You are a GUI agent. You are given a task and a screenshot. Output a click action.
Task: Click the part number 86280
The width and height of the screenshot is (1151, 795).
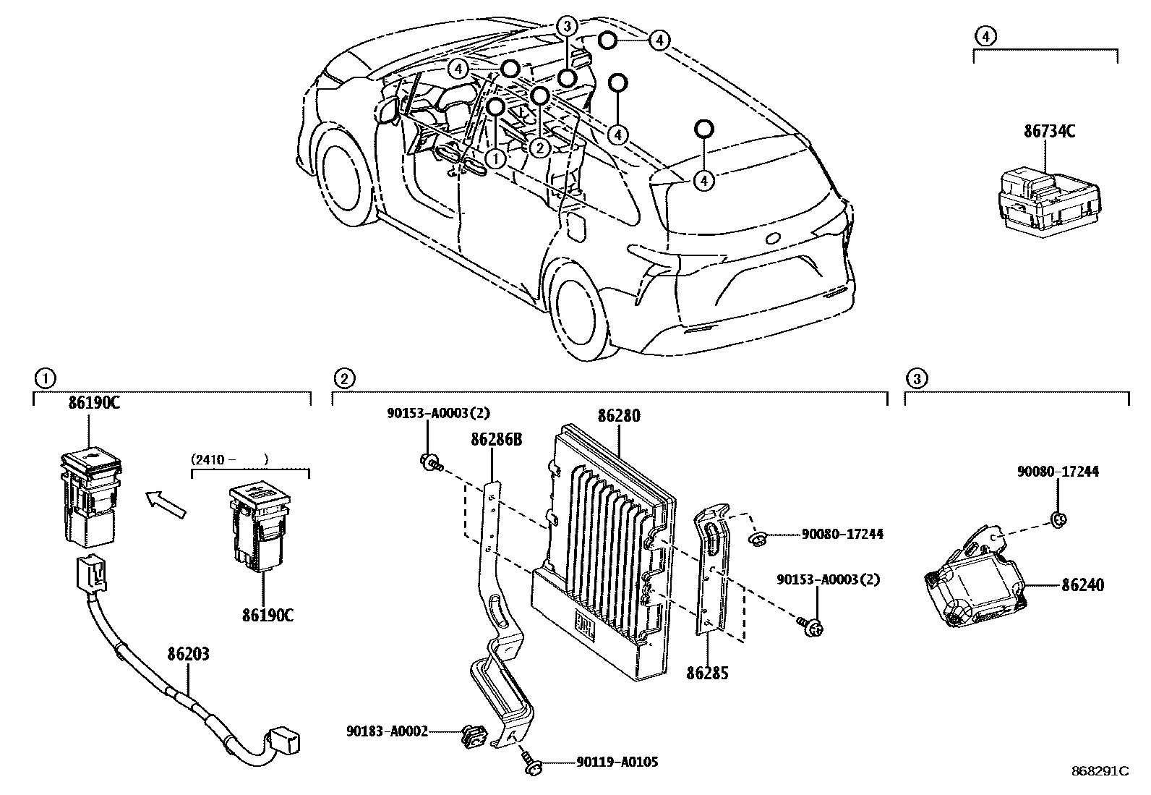click(x=619, y=416)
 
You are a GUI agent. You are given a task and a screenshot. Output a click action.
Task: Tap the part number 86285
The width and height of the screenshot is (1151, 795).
click(x=707, y=673)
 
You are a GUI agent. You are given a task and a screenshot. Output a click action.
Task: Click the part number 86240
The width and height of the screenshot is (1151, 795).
click(x=1082, y=584)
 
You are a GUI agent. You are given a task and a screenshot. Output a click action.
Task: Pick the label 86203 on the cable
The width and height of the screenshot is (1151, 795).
click(x=188, y=655)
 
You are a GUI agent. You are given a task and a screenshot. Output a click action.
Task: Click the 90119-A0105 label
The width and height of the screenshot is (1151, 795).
click(x=617, y=762)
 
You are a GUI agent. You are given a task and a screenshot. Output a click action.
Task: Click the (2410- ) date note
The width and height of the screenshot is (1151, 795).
click(x=229, y=459)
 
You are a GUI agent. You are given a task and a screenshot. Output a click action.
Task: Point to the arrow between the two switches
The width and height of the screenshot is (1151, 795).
click(x=166, y=503)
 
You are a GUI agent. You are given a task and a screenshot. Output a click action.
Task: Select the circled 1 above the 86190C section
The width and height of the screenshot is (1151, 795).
click(x=44, y=378)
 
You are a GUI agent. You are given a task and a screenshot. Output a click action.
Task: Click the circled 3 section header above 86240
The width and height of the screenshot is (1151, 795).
click(x=916, y=378)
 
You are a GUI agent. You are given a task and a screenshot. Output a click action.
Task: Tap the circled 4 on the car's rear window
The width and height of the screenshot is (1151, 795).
click(x=703, y=179)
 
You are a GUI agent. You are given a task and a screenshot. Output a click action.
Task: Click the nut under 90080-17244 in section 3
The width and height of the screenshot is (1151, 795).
click(x=1057, y=519)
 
